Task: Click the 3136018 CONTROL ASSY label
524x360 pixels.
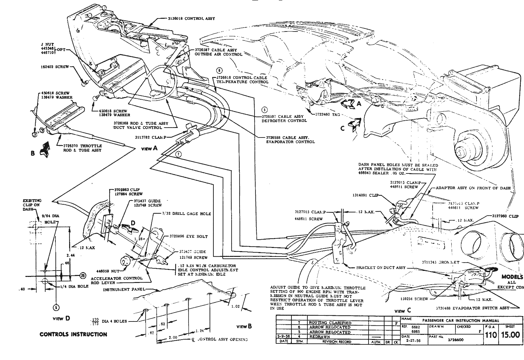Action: click(x=191, y=18)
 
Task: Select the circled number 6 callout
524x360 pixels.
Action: click(x=219, y=71)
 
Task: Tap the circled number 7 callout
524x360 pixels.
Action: click(x=178, y=154)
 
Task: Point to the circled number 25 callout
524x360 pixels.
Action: click(x=83, y=276)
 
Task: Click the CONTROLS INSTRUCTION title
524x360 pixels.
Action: click(x=73, y=334)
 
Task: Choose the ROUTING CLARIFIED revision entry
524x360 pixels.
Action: click(x=330, y=323)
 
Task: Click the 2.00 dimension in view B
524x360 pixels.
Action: click(x=173, y=337)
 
